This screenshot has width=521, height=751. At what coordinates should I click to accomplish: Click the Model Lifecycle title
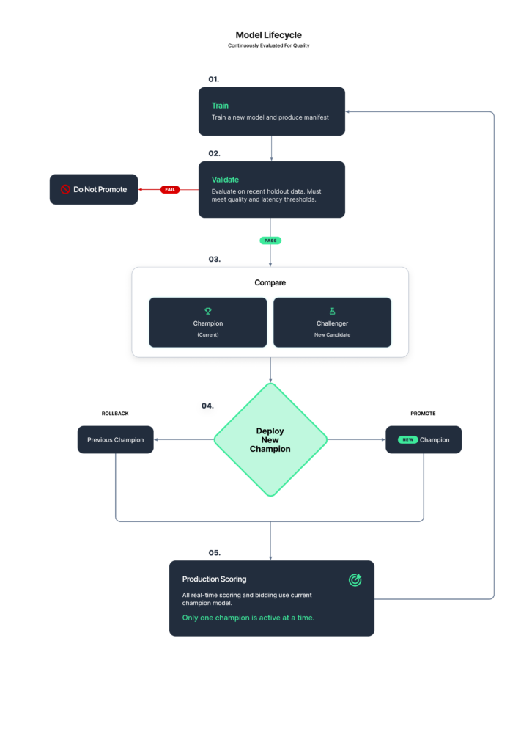click(268, 35)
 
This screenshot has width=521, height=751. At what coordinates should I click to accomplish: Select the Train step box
click(272, 111)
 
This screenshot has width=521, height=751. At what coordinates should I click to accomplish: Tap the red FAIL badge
click(170, 190)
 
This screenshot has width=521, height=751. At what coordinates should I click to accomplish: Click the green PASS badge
click(270, 241)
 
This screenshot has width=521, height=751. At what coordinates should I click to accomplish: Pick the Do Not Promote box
click(94, 190)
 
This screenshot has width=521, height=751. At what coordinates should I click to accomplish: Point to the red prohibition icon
click(65, 190)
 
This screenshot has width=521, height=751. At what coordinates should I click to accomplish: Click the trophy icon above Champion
click(208, 311)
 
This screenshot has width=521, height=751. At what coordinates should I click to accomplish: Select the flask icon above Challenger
click(332, 311)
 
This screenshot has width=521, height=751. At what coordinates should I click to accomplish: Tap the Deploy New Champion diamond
click(270, 440)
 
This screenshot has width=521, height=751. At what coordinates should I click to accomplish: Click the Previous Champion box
click(115, 440)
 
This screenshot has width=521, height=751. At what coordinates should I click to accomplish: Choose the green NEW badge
click(407, 440)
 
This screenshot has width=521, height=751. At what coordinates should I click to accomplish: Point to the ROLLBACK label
click(115, 414)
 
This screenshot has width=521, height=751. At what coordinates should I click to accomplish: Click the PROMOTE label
click(423, 414)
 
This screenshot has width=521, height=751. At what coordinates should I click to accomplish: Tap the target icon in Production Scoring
click(355, 580)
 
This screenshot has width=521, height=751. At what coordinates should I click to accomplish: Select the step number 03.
click(214, 259)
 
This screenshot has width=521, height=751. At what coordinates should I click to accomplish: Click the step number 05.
click(214, 553)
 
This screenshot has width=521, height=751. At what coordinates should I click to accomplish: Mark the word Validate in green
click(225, 180)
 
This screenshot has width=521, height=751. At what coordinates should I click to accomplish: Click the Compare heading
click(270, 282)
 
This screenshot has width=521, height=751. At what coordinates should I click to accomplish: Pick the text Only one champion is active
click(234, 618)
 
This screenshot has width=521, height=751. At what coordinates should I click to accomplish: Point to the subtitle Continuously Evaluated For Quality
click(268, 45)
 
